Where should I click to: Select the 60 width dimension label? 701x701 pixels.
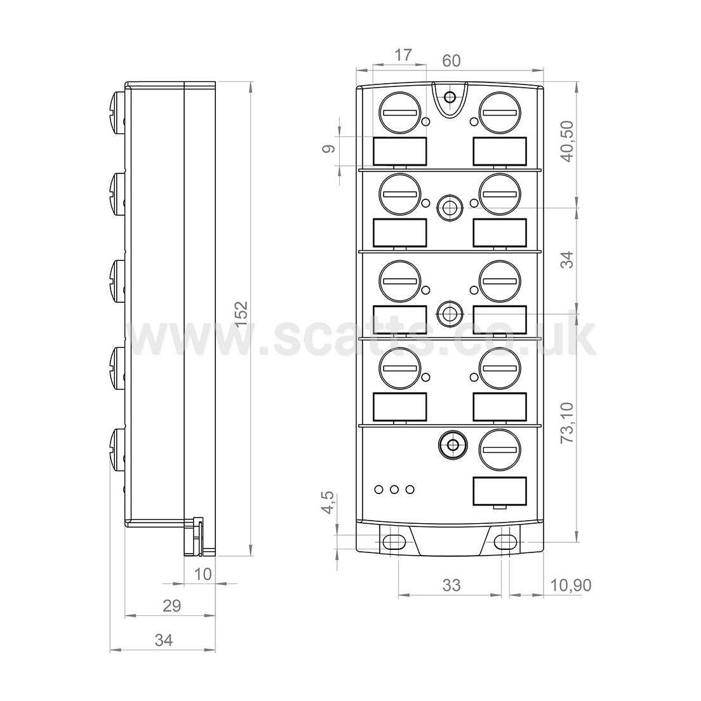[x=451, y=61]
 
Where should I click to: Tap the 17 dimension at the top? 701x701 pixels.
[x=403, y=55]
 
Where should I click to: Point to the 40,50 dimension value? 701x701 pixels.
[x=568, y=141]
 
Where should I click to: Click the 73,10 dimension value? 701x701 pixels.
[x=568, y=422]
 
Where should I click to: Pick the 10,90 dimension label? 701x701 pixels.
[x=570, y=585]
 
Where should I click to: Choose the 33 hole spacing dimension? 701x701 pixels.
[x=451, y=585]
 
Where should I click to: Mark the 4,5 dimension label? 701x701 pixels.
[x=328, y=502]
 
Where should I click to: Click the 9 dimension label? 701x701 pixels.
[x=329, y=149]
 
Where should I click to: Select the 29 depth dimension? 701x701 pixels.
[x=171, y=606]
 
